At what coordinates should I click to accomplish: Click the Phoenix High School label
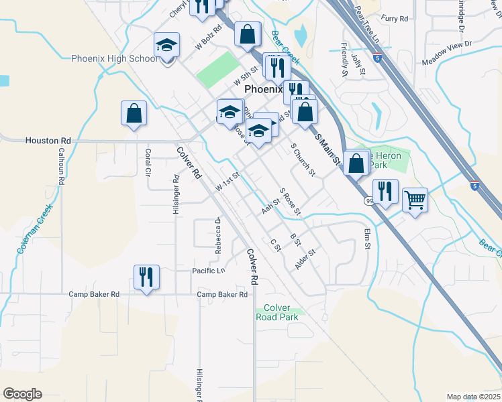pos(115,59)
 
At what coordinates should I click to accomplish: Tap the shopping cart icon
pos(415,199)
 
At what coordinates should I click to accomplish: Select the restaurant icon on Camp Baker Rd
pos(146,277)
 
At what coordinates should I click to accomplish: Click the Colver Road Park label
pos(277,312)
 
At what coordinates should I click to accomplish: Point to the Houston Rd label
pos(48,141)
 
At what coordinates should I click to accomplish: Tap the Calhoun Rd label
pos(60,166)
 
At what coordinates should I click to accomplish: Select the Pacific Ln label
pos(209,271)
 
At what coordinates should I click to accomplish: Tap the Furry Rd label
pos(394,19)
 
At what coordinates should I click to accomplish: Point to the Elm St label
pos(367,239)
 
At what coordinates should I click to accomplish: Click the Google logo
pos(22,393)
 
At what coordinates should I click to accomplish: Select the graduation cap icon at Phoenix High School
pos(166,46)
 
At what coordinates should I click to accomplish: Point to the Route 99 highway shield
pos(369,200)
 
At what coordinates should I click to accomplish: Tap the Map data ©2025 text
pos(473,397)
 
